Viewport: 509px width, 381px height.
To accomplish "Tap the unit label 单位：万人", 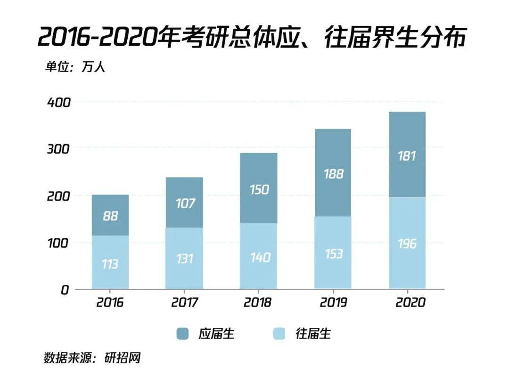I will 75,66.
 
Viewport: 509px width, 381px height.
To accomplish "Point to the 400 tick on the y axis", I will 58,102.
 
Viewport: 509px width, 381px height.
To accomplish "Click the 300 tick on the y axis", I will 58,149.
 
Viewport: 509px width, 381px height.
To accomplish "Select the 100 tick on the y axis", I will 58,243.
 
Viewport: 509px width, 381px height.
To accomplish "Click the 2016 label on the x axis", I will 110,302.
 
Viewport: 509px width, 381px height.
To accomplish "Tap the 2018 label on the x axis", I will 258,302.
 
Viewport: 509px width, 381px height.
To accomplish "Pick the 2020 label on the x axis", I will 407,302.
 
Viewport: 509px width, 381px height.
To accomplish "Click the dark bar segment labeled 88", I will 110,216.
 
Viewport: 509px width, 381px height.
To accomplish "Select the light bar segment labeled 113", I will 110,263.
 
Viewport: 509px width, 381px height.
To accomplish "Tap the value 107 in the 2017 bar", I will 184,203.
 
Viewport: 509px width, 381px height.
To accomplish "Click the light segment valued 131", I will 184,259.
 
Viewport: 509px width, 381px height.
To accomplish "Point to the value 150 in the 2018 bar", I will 258,189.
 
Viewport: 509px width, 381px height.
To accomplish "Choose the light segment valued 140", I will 258,257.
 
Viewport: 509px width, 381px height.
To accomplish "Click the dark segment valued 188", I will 333,173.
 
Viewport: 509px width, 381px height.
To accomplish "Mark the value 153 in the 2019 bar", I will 333,253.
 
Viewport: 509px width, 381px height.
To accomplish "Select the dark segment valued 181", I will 407,155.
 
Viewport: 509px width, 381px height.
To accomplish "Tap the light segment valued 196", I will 407,243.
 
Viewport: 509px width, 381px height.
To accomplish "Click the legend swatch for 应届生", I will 182,334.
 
